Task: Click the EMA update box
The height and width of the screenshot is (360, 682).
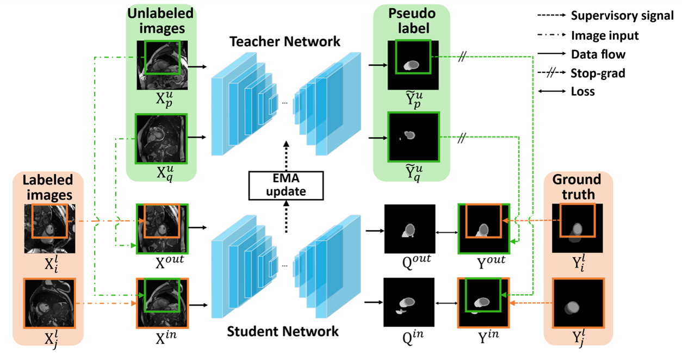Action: point(285,185)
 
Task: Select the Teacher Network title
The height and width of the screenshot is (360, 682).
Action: point(285,41)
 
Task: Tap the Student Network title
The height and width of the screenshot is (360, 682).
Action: point(283,331)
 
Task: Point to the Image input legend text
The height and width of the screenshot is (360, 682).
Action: point(605,35)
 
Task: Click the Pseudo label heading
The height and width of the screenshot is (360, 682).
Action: point(412,21)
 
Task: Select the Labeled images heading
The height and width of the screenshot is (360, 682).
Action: point(48,187)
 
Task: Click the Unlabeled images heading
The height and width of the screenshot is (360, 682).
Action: point(161,21)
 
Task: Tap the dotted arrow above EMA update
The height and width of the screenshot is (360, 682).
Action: point(285,154)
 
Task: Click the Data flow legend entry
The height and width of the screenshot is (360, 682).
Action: point(598,54)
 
